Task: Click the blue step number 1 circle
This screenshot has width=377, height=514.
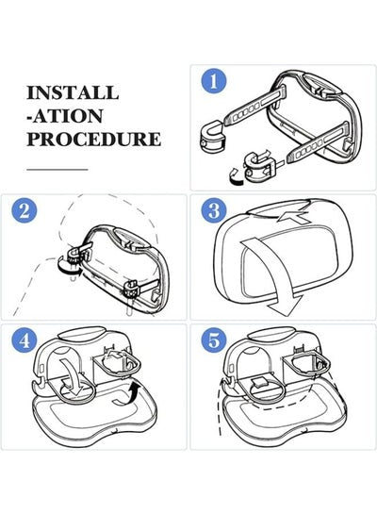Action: [214, 81]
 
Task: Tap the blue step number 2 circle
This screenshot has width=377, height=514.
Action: [25, 210]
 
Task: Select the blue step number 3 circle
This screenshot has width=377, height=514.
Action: [214, 210]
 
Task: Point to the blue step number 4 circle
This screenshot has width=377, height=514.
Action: [25, 340]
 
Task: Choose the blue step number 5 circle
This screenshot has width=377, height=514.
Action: [214, 340]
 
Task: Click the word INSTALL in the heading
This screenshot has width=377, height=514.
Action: [73, 92]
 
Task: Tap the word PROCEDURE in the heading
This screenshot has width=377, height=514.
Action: [94, 139]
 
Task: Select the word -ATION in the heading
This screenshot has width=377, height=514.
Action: [65, 116]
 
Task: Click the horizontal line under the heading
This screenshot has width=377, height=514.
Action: [57, 170]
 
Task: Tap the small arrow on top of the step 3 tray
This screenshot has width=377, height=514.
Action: [292, 217]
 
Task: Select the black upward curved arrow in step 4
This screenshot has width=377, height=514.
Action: [128, 396]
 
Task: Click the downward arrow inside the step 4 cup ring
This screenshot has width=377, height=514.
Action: [73, 377]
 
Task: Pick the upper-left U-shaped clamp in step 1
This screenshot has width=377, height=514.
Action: [213, 136]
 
